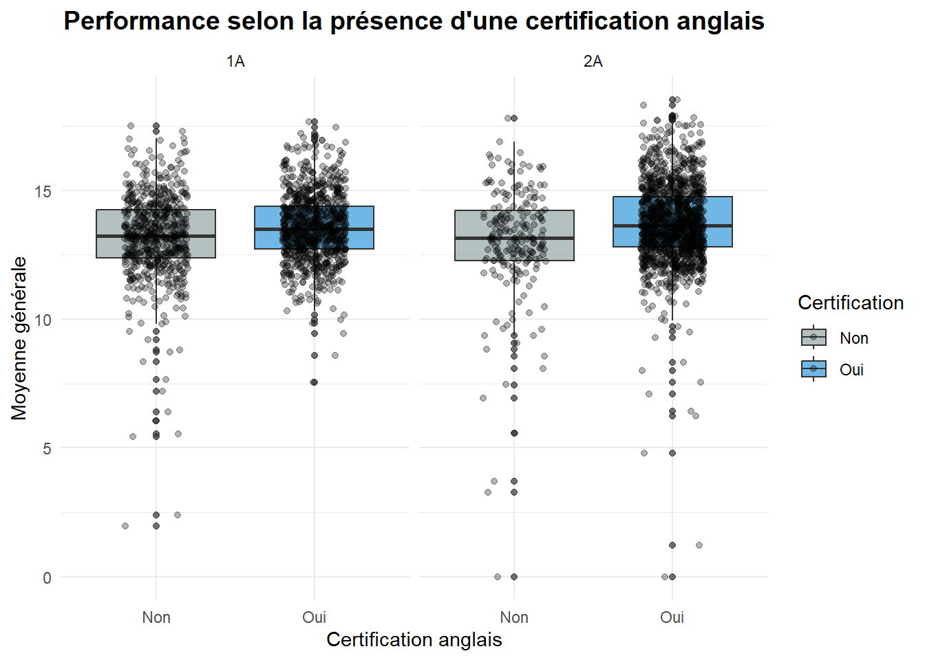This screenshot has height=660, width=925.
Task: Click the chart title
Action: [414, 21]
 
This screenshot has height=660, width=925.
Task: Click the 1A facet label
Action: [235, 61]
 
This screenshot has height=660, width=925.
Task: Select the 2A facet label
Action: [593, 61]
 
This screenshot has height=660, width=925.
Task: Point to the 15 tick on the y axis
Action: [41, 191]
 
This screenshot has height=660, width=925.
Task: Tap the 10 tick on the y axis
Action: [41, 320]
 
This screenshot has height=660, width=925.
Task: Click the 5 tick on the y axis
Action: [47, 449]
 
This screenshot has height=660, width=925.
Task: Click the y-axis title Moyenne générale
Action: [19, 338]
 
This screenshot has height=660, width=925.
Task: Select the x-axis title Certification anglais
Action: [414, 640]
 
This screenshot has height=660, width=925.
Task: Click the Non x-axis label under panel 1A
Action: [156, 617]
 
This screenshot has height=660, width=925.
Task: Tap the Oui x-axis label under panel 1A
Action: [315, 617]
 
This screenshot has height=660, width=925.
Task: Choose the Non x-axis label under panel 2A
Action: [514, 617]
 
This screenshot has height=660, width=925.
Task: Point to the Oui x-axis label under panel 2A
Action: [672, 617]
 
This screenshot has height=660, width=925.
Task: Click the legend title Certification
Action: [851, 302]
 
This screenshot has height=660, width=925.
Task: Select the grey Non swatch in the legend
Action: [814, 337]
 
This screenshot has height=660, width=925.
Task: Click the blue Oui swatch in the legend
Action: [814, 368]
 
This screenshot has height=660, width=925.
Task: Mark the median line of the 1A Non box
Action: [156, 236]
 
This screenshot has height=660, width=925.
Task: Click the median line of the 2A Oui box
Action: [672, 225]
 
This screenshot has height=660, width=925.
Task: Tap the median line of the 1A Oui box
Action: [315, 229]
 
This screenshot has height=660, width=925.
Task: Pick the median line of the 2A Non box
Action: [514, 238]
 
